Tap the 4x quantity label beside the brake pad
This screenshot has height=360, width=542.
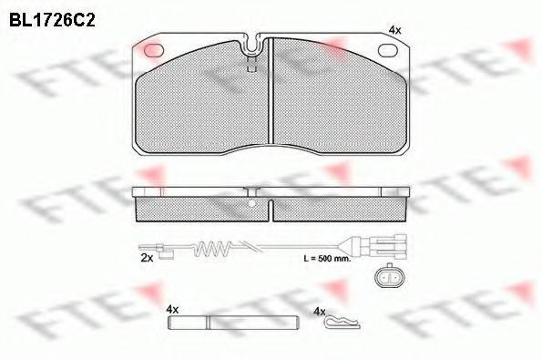[x=394, y=30]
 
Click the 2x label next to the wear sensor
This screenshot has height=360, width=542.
[x=148, y=258]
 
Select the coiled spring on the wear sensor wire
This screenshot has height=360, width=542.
[x=217, y=245]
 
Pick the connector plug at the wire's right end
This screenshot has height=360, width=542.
[x=383, y=244]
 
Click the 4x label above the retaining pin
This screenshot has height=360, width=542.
[x=173, y=310]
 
